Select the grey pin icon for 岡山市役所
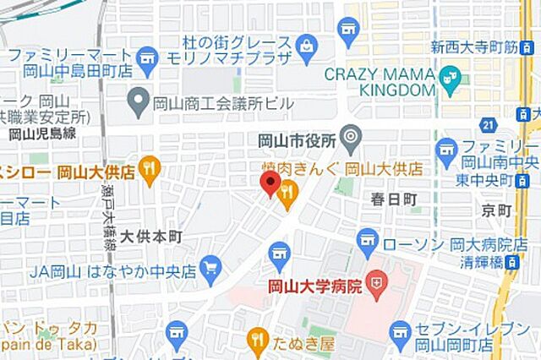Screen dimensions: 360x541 click(x=351, y=136)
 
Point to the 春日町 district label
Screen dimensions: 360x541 click(x=394, y=200)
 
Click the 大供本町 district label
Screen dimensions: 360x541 click(x=150, y=236)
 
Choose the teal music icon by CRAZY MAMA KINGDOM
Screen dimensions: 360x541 click(x=451, y=81)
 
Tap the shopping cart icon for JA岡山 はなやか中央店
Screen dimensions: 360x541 click(x=210, y=269)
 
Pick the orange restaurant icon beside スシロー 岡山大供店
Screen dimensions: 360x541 click(x=150, y=171)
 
